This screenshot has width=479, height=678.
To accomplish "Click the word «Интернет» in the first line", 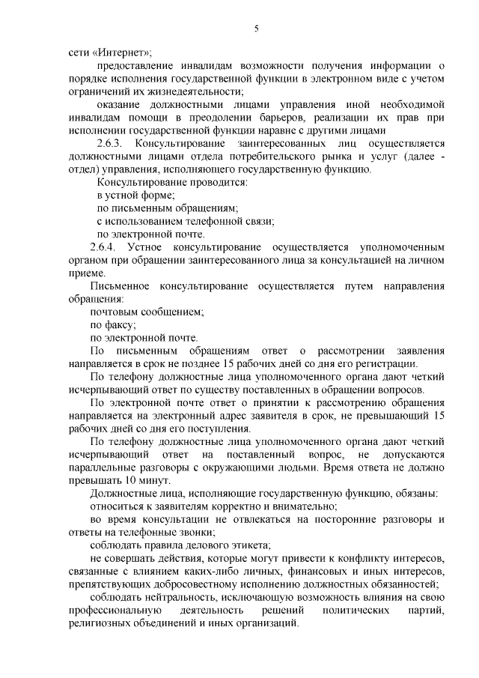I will tap(122, 52).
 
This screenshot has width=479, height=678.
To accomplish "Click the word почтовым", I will tap(115, 312).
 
